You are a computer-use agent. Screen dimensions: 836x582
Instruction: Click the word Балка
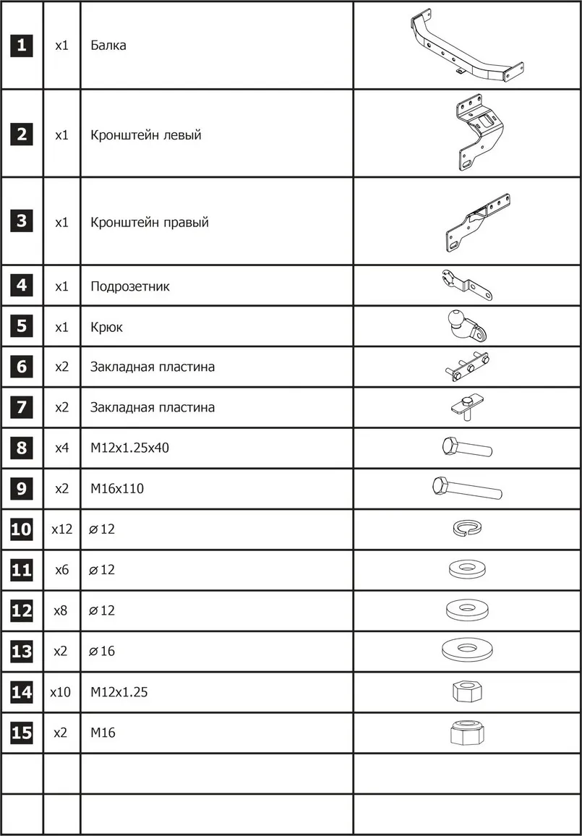(x=108, y=46)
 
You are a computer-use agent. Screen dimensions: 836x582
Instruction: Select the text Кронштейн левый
(x=146, y=135)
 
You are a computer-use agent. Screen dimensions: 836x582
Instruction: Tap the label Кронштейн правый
(x=150, y=222)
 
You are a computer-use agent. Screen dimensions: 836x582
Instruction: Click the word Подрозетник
(x=130, y=286)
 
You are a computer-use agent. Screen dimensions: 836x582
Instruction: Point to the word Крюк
(x=106, y=327)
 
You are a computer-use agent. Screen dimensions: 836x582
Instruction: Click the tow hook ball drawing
(x=466, y=326)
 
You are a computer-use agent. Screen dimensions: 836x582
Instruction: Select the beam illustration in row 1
(x=467, y=46)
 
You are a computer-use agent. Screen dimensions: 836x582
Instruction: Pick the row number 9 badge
(x=22, y=489)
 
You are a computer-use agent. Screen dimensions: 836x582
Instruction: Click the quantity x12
(x=62, y=529)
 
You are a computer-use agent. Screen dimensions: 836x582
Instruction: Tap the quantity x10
(x=61, y=692)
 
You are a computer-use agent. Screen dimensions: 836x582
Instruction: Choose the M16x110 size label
(x=117, y=489)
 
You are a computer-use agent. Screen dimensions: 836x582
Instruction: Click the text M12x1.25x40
(x=129, y=448)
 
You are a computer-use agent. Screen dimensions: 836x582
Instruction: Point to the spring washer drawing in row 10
(x=467, y=529)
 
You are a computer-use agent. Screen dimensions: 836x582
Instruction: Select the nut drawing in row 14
(x=466, y=691)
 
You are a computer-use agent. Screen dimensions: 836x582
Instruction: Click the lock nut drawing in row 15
(x=466, y=732)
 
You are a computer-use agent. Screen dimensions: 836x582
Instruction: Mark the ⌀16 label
(x=102, y=652)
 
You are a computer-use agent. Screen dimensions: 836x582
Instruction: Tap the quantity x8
(x=62, y=610)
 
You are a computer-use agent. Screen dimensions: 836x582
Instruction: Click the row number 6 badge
(x=22, y=367)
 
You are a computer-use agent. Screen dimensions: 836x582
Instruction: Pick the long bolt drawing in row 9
(x=467, y=488)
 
